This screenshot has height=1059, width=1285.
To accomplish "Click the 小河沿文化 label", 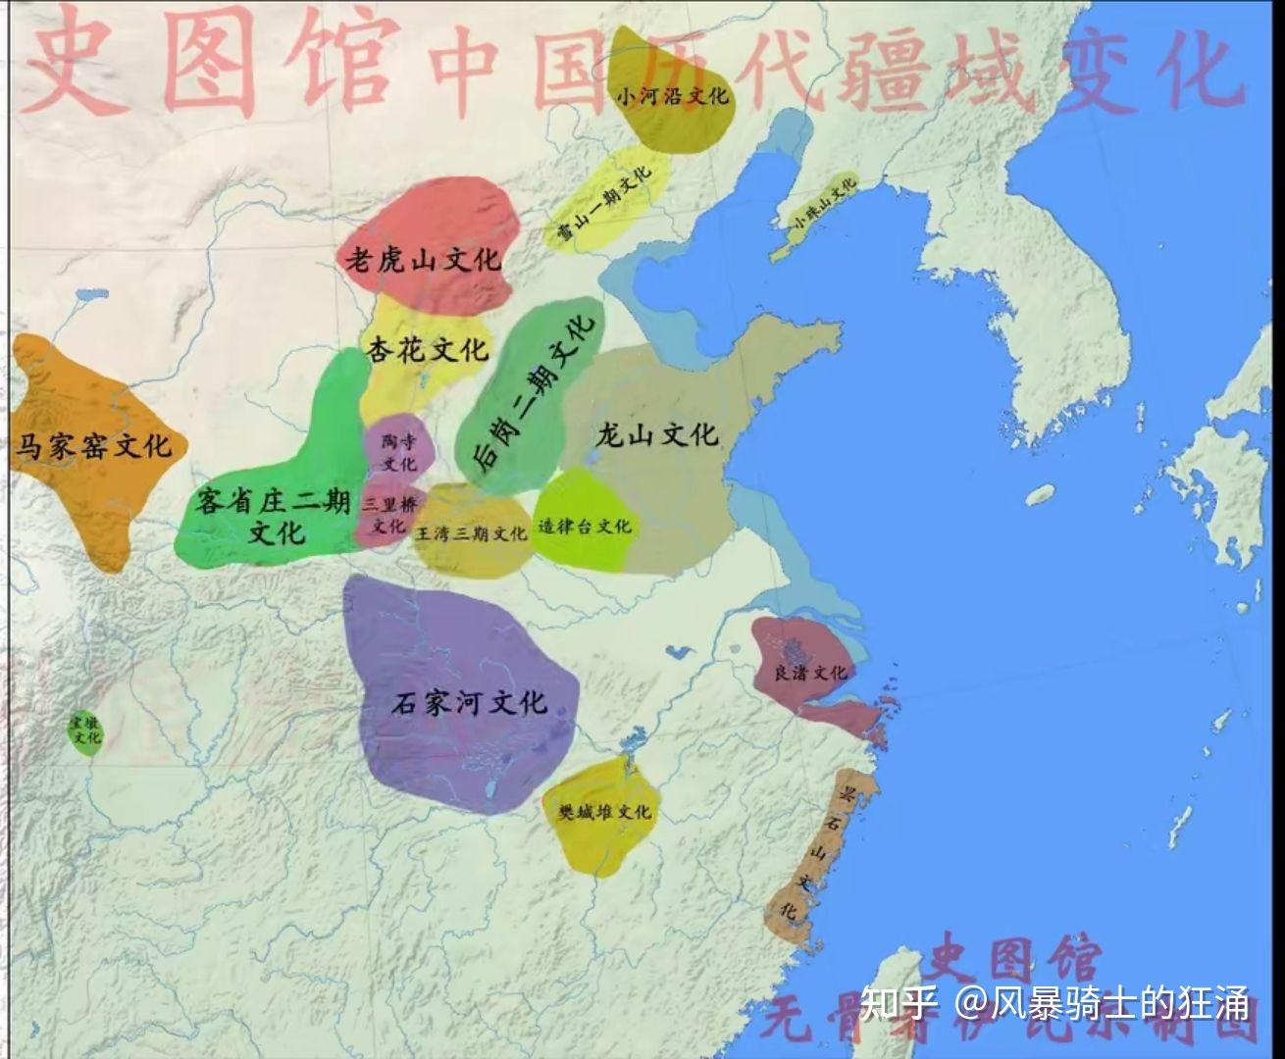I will pyautogui.click(x=672, y=96).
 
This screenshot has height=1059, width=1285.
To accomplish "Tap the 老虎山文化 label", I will pyautogui.click(x=422, y=259).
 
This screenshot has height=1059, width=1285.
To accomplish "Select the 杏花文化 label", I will pyautogui.click(x=427, y=349).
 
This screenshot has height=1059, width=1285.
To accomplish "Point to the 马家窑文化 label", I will pyautogui.click(x=92, y=447).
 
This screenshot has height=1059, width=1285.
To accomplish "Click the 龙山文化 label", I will pyautogui.click(x=657, y=433).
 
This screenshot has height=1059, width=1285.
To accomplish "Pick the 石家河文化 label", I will pyautogui.click(x=468, y=702).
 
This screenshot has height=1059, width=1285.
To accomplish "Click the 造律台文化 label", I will pyautogui.click(x=585, y=527).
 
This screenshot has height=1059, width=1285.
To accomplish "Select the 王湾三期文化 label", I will pyautogui.click(x=472, y=534).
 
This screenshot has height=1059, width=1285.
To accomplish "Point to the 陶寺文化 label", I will pyautogui.click(x=399, y=452).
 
